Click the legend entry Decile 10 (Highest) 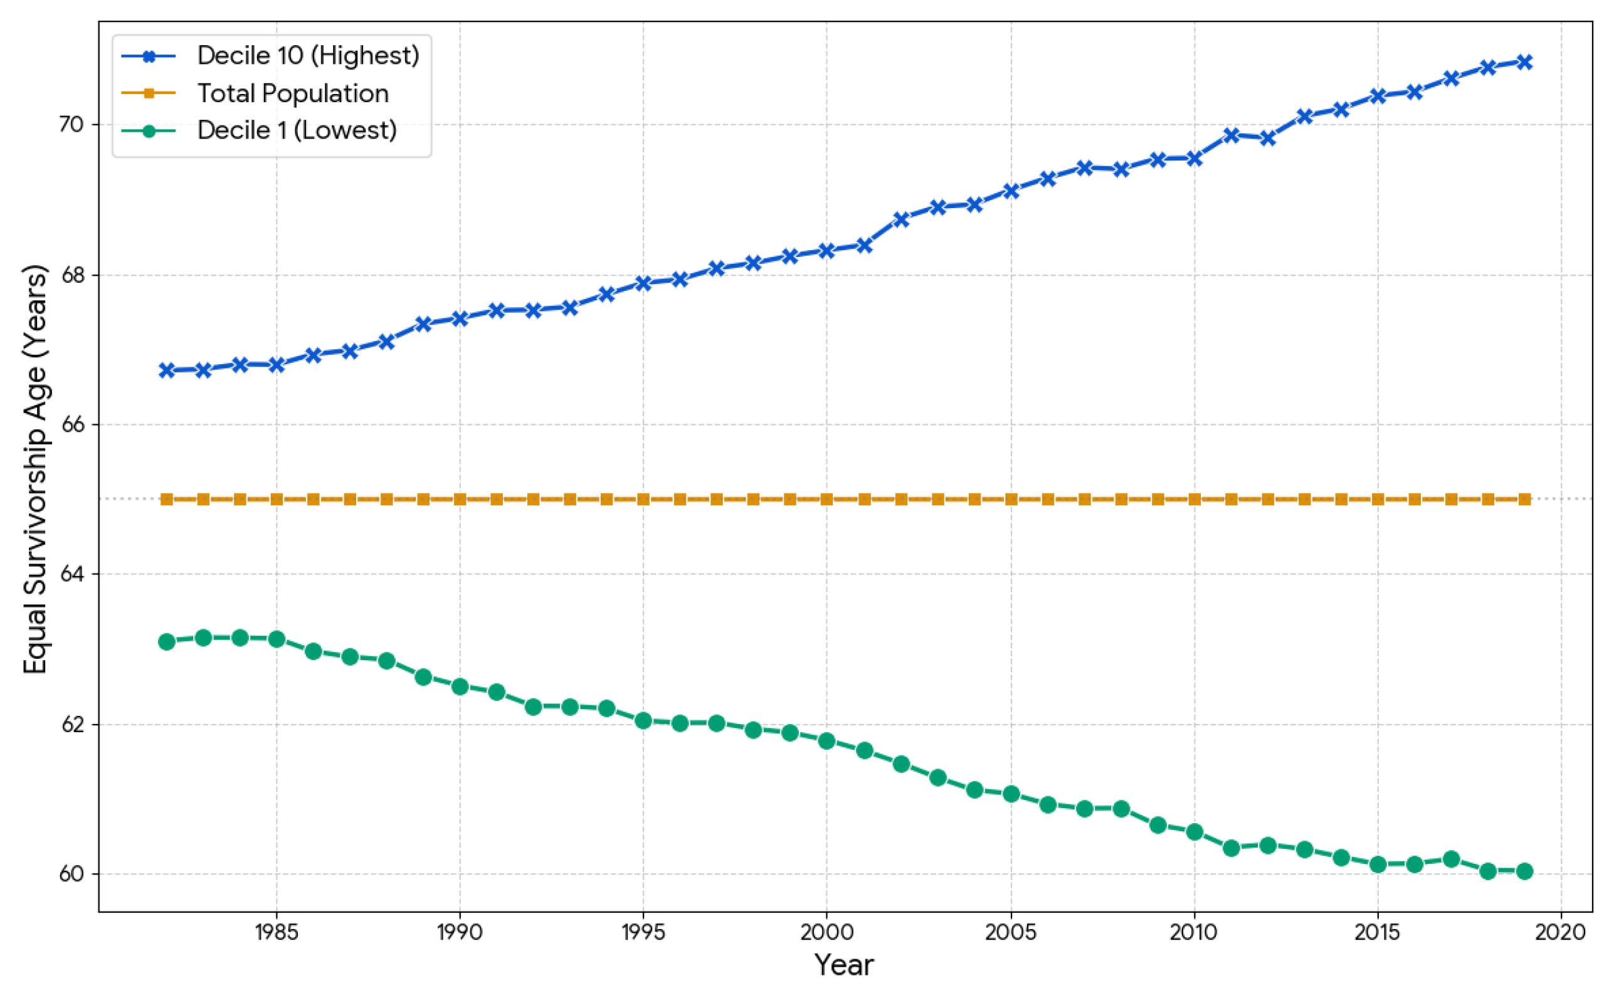(x=307, y=56)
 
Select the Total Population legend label (x=293, y=93)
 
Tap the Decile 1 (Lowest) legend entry (x=297, y=130)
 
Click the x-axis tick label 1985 (x=277, y=932)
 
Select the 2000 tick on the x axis (x=827, y=932)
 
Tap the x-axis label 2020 (x=1560, y=932)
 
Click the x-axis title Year (x=845, y=965)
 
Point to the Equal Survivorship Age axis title (x=36, y=469)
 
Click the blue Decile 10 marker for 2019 (x=1525, y=61)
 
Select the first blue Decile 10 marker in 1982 (x=167, y=370)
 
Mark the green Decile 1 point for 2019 (x=1525, y=871)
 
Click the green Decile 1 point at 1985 (x=277, y=639)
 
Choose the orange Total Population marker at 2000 (x=827, y=499)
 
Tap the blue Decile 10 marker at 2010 (x=1195, y=158)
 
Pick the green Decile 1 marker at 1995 (x=643, y=720)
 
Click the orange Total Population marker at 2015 (x=1378, y=499)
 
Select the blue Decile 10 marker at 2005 (x=1011, y=191)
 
